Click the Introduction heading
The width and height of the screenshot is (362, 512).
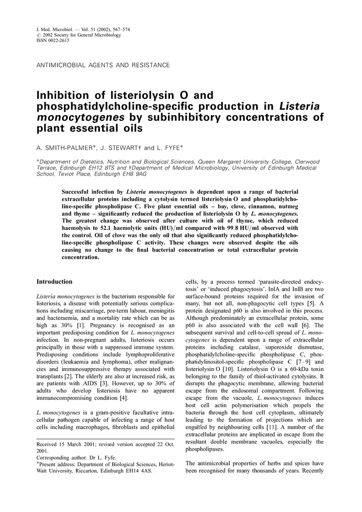54,282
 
